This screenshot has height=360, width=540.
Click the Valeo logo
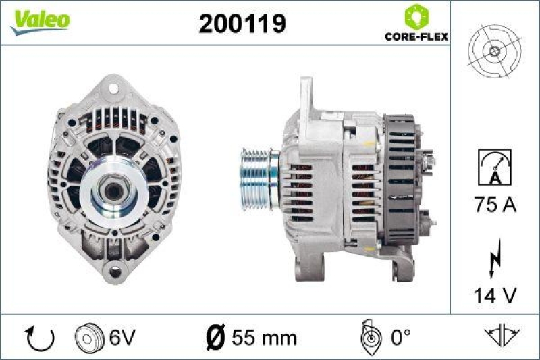(39, 20)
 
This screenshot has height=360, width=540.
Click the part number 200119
(242, 24)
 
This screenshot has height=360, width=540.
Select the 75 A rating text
(495, 205)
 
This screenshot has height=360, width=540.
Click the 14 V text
(495, 295)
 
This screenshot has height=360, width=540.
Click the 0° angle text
(400, 336)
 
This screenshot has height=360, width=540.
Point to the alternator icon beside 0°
(370, 336)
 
